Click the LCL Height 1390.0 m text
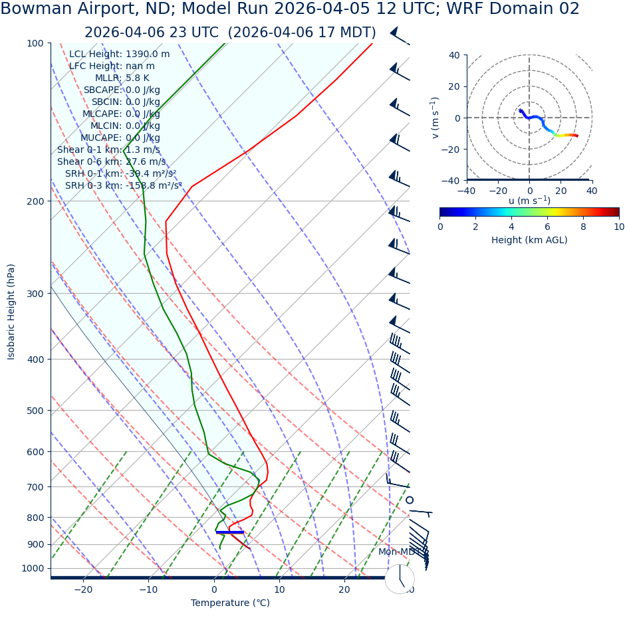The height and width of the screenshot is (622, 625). tap(119, 54)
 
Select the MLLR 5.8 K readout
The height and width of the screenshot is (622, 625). tap(122, 78)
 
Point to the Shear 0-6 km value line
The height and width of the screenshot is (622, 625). tap(111, 161)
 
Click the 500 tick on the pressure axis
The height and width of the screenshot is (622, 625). tap(35, 411)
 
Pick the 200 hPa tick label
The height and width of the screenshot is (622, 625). tap(35, 201)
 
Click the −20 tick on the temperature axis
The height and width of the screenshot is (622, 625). tap(83, 589)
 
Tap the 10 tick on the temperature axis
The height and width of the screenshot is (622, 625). tap(279, 589)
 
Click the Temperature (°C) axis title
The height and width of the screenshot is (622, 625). tap(230, 603)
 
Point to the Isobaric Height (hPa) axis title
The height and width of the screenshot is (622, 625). tap(11, 312)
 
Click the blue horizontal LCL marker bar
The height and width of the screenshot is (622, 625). tap(230, 532)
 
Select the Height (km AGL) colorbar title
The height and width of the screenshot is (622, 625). tap(529, 240)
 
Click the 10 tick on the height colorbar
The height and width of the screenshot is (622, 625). tap(619, 227)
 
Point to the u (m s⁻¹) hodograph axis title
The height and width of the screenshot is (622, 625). tap(529, 201)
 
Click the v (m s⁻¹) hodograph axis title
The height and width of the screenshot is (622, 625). tap(436, 118)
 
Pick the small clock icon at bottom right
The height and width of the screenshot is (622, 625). tap(400, 579)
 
